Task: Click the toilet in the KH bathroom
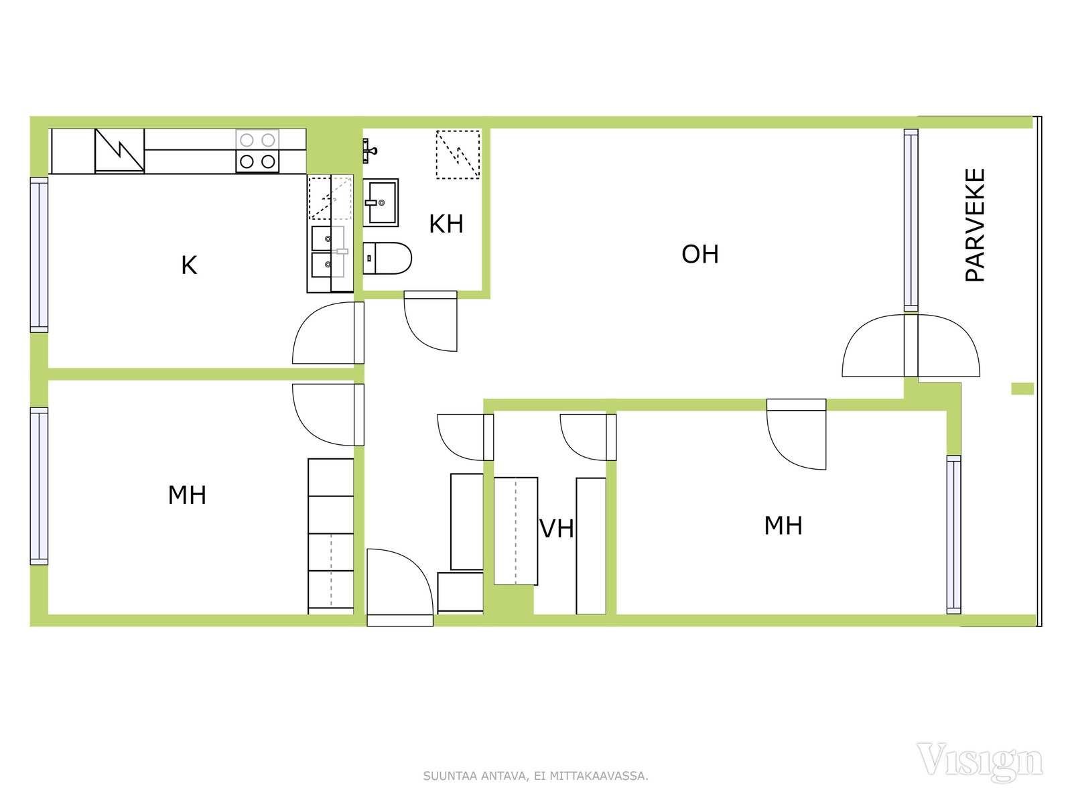387,258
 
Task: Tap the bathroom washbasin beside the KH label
381,202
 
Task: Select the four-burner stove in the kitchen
257,151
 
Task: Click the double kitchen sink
328,251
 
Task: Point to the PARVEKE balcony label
975,224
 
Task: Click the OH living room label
700,255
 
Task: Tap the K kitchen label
189,265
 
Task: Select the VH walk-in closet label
557,529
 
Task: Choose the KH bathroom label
446,224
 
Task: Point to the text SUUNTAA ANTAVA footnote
535,776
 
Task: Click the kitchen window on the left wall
39,255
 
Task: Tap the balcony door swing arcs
911,346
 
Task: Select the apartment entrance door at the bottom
400,588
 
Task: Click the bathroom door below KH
430,321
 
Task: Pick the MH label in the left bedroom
187,495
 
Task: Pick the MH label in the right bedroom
783,526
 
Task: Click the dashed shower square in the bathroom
458,154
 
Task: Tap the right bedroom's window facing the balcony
953,535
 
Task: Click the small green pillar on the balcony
1022,389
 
